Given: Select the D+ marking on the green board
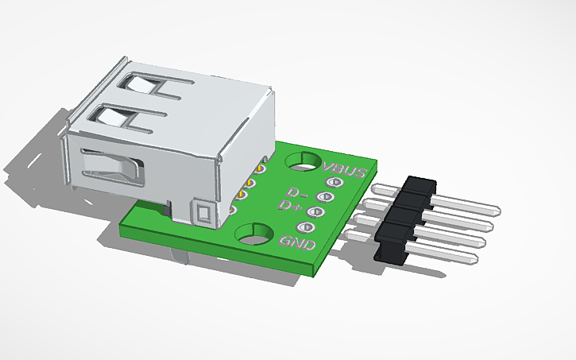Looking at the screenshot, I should click(x=289, y=206).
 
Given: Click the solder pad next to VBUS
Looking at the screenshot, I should click(x=332, y=183).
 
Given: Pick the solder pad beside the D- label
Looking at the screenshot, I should click(x=323, y=196).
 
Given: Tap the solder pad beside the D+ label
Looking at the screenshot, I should click(x=314, y=211).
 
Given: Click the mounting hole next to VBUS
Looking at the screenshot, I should click(x=303, y=162).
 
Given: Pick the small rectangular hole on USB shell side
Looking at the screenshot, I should click(x=203, y=212).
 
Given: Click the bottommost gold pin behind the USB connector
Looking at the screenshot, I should click(x=233, y=210).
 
